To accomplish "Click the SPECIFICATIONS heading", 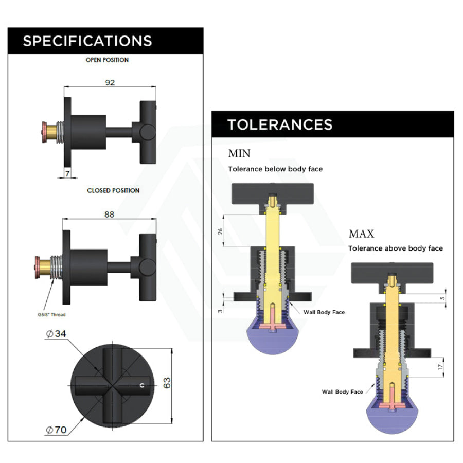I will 87,41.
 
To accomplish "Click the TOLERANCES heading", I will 280,124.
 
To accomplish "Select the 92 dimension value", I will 110,82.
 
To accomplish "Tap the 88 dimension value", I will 109,215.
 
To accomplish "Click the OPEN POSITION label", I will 107,60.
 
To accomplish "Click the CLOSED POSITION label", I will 113,190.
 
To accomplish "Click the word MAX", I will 362,234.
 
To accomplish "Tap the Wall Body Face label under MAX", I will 343,392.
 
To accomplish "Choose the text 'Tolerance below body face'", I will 275,169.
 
